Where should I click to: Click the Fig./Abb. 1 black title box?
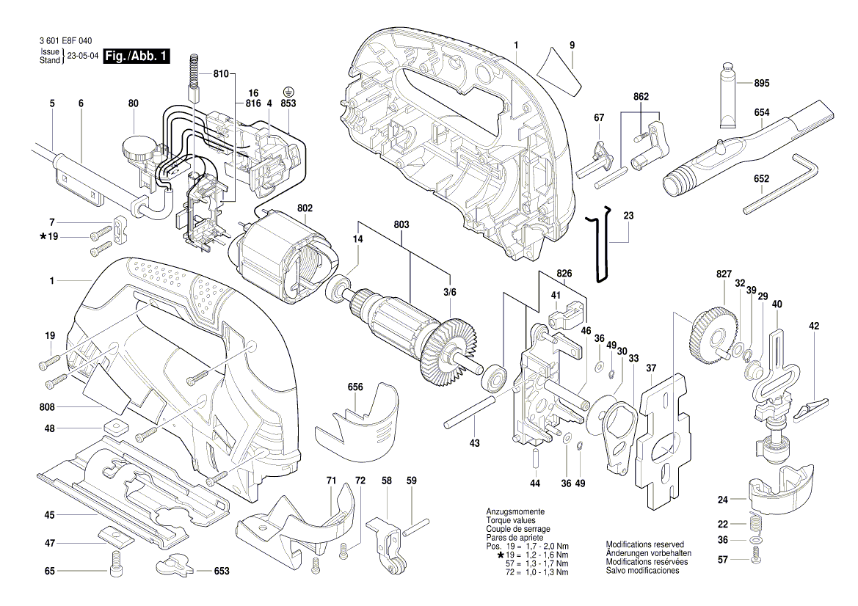(x=137, y=56)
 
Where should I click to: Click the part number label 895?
(x=761, y=83)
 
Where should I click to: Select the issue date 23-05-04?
(x=83, y=56)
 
